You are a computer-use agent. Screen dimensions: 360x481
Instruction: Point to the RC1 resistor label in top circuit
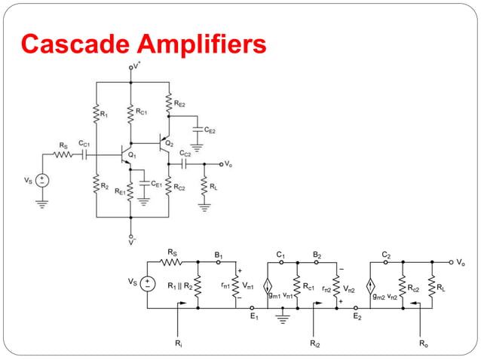pyautogui.click(x=141, y=111)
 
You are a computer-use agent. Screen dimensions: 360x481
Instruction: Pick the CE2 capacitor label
pyautogui.click(x=209, y=131)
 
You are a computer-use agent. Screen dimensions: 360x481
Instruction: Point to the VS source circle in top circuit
pyautogui.click(x=42, y=181)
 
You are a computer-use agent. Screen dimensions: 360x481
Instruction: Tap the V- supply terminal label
pyautogui.click(x=131, y=243)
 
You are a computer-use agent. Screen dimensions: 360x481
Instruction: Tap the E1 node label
pyautogui.click(x=253, y=317)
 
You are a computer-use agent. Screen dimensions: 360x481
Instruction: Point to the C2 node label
pyautogui.click(x=385, y=255)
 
